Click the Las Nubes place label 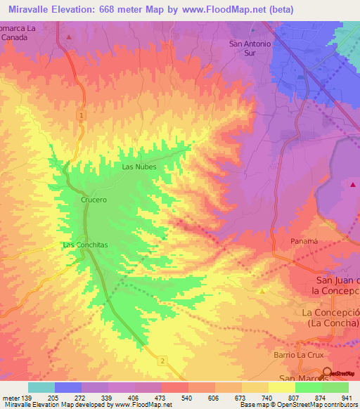(x=139, y=167)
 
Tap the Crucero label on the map (x=93, y=200)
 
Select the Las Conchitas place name (x=85, y=245)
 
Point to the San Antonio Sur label (x=250, y=47)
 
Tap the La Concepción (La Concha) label (x=330, y=317)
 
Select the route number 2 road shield (x=162, y=361)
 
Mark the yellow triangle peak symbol (x=263, y=290)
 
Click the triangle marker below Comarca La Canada (x=68, y=36)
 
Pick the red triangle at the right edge (x=352, y=184)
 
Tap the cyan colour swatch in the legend (x=41, y=387)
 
